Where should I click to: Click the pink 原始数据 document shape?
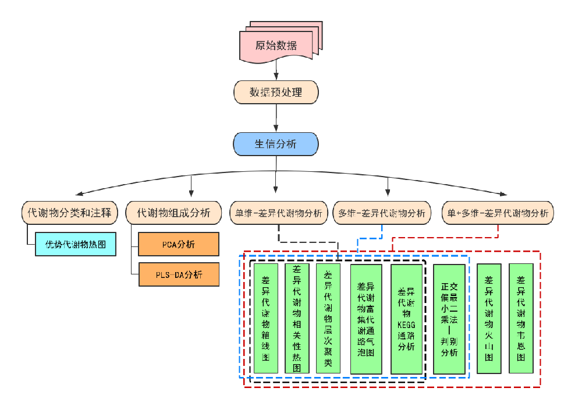tap(276, 45)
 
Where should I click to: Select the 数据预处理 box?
tap(276, 92)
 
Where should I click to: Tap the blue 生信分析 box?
tap(276, 144)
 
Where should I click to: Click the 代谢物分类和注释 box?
tap(69, 213)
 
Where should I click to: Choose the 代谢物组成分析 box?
tap(173, 213)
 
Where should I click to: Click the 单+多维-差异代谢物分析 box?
tap(498, 213)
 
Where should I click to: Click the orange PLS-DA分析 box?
tap(179, 274)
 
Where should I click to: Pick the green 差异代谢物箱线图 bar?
tap(266, 319)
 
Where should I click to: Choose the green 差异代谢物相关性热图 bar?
tap(297, 319)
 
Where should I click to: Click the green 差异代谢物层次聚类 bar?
tap(328, 319)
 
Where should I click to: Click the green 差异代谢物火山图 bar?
tap(489, 319)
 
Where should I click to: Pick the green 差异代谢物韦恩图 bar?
tap(521, 319)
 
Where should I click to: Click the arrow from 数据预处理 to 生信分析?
tap(276, 118)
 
